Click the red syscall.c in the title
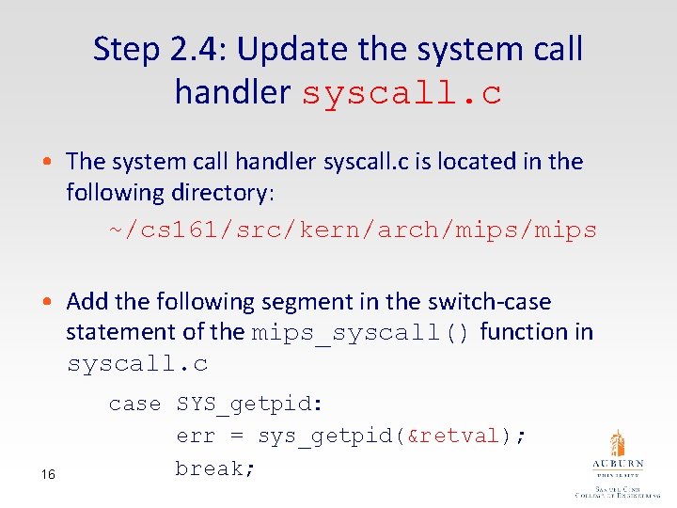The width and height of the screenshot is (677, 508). pyautogui.click(x=401, y=93)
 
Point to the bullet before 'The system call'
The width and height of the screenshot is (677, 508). pyautogui.click(x=56, y=163)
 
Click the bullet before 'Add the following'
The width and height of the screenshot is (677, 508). pyautogui.click(x=56, y=303)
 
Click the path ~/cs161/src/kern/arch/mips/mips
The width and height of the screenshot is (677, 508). pyautogui.click(x=353, y=230)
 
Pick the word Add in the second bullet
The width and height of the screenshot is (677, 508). pyautogui.click(x=87, y=302)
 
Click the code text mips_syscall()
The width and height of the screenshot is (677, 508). pyautogui.click(x=362, y=333)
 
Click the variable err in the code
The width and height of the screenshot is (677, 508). pyautogui.click(x=195, y=436)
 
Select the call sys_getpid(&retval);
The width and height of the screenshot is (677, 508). pyautogui.click(x=392, y=436)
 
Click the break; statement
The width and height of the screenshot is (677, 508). pyautogui.click(x=216, y=468)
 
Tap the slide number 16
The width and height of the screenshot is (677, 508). pyautogui.click(x=48, y=475)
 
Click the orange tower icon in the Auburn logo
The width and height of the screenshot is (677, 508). pyautogui.click(x=617, y=443)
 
